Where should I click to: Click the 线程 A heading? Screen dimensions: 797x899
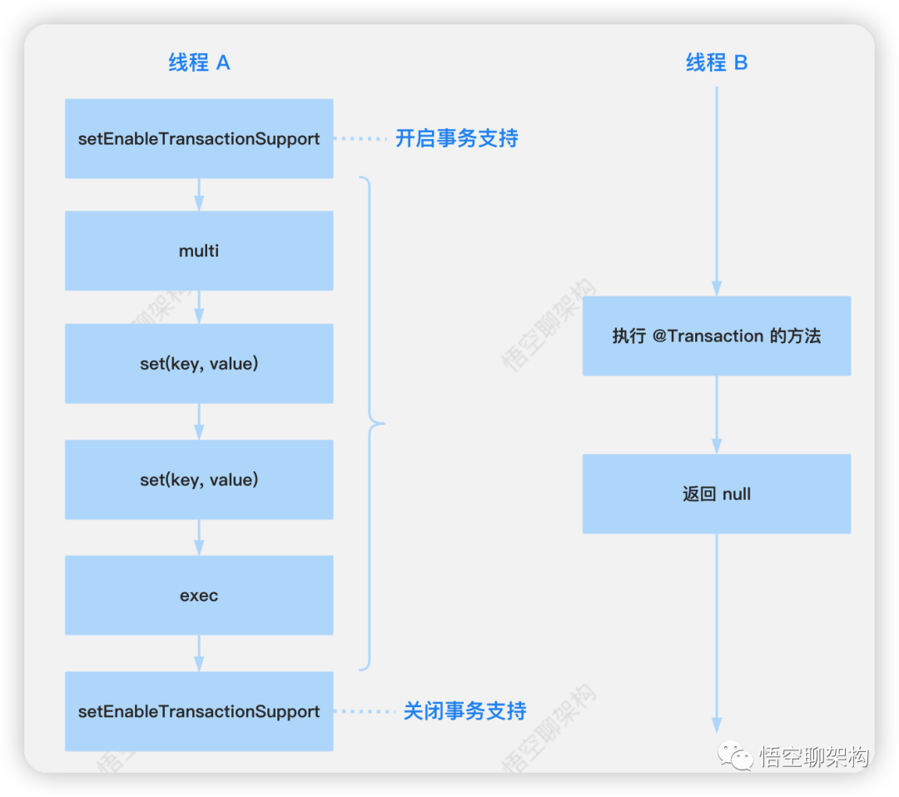click(x=199, y=62)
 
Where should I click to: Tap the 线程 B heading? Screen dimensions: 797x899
click(x=717, y=62)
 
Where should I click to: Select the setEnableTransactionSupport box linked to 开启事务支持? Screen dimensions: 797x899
click(x=199, y=138)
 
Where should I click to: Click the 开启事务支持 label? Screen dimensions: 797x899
click(x=456, y=138)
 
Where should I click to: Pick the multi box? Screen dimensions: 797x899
click(x=199, y=251)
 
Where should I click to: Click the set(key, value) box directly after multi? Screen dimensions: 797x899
click(x=199, y=364)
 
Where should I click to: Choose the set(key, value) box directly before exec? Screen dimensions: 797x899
click(x=199, y=480)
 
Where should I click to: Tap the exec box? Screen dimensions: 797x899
click(x=199, y=595)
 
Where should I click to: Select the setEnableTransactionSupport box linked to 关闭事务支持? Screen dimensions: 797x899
click(x=199, y=711)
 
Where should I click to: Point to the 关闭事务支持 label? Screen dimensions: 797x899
click(x=464, y=711)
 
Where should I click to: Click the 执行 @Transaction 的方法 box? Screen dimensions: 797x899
click(x=717, y=336)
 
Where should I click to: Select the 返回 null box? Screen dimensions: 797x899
click(x=717, y=494)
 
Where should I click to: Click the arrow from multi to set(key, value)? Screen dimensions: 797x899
click(x=199, y=307)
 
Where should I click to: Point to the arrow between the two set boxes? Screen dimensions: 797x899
click(x=199, y=422)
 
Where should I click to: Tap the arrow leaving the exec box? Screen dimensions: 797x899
click(x=199, y=654)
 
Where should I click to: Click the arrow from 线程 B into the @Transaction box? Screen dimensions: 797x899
click(x=717, y=192)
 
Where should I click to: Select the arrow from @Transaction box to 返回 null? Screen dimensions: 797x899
click(x=717, y=415)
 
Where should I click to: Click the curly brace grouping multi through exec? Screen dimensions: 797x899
click(x=372, y=423)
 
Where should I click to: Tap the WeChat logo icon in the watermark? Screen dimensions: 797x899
click(x=738, y=756)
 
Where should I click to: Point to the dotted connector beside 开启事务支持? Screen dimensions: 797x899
click(x=364, y=138)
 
